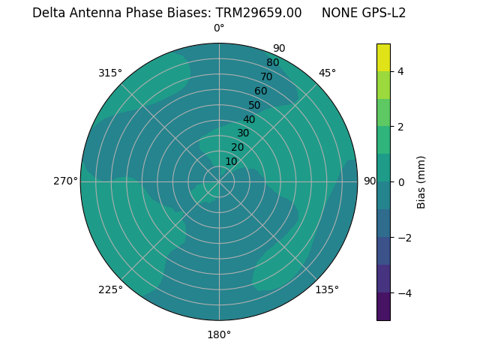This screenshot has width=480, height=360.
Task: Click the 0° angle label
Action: [x=219, y=28]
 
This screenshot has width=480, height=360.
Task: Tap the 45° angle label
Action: [x=328, y=73]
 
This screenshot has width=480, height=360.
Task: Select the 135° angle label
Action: [x=327, y=289]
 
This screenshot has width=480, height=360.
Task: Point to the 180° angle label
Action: [x=219, y=334]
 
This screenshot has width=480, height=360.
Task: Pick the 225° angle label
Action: [x=110, y=289]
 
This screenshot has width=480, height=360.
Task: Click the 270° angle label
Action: [x=65, y=181]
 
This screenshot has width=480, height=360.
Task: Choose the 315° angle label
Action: [x=110, y=73]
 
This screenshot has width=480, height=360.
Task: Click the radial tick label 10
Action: [x=231, y=161]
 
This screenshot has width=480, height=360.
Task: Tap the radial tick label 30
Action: [x=243, y=133]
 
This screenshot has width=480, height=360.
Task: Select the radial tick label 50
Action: [x=254, y=105]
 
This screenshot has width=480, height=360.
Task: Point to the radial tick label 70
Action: [x=266, y=76]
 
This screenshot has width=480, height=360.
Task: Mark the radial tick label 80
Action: [x=272, y=63]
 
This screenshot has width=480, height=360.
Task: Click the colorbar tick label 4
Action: [x=400, y=71]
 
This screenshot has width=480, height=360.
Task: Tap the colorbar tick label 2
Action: [x=400, y=127]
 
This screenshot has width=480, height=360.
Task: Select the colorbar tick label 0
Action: [x=400, y=182]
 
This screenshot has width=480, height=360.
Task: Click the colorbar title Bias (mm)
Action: [x=421, y=182]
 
